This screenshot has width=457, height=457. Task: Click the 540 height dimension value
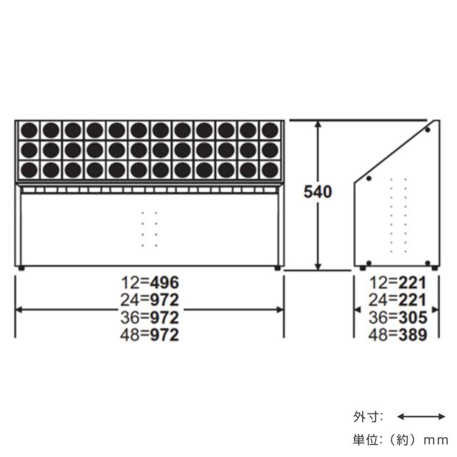click(x=318, y=192)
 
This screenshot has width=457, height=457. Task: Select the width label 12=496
click(x=150, y=283)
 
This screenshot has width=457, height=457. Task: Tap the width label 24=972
click(x=150, y=300)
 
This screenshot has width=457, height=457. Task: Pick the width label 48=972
click(x=150, y=335)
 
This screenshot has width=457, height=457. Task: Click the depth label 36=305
click(x=398, y=317)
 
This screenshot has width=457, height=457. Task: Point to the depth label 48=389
click(x=398, y=335)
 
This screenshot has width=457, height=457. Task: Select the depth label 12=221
click(x=398, y=283)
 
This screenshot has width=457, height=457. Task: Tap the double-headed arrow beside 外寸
click(x=421, y=417)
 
